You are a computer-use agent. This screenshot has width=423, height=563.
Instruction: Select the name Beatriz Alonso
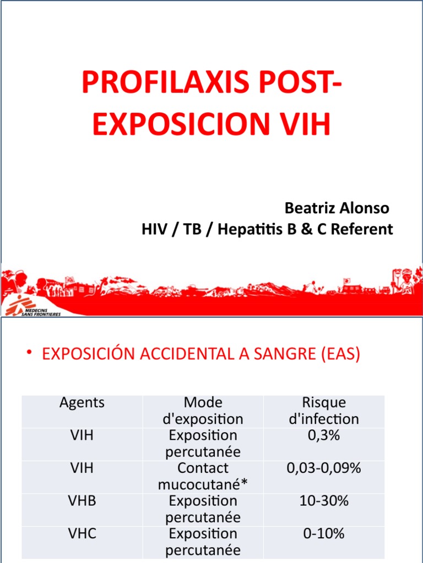coord(337,208)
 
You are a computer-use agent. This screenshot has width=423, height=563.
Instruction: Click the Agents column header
coord(82,402)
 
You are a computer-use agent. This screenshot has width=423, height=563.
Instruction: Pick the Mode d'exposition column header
coord(203,411)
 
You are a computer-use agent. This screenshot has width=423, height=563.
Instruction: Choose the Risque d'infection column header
coord(324,411)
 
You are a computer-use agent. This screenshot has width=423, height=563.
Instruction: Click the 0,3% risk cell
coord(324,435)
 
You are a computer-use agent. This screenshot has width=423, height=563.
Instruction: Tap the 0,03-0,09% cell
coord(324,468)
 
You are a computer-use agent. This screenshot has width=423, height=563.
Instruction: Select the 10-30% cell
coord(324,501)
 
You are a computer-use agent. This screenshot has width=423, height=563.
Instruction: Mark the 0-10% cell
coord(324,533)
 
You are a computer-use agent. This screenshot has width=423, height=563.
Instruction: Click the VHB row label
coord(82,501)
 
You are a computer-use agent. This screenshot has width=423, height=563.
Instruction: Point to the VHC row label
coord(82,533)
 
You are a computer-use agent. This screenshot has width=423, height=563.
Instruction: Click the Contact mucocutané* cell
coord(203,476)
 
